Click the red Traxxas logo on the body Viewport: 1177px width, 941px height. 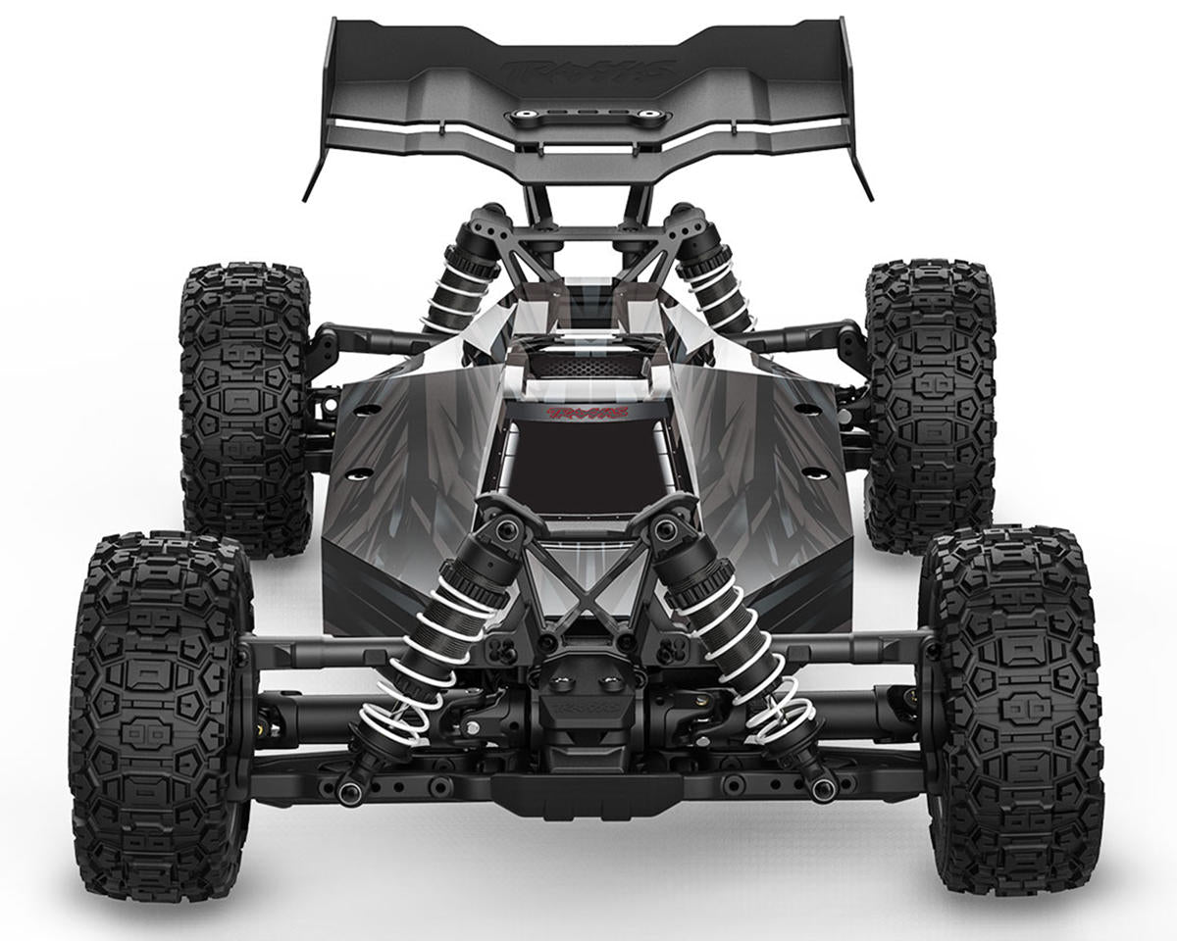[587, 414]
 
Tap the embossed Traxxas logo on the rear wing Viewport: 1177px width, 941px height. [589, 71]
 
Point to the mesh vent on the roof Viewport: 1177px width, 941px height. [587, 365]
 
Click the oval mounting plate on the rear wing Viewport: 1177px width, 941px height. [588, 118]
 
